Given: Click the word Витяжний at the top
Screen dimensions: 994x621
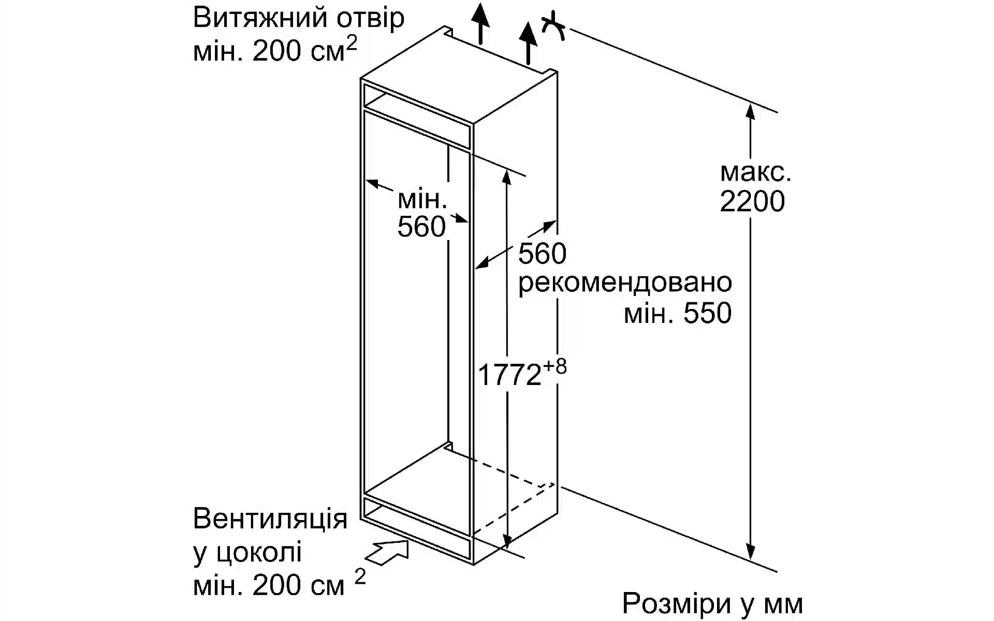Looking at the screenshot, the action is [260, 19].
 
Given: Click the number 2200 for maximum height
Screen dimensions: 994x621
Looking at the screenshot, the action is [752, 202].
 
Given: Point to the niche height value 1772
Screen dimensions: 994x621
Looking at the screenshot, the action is [509, 375].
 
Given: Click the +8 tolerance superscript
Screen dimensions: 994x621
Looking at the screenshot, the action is [555, 367].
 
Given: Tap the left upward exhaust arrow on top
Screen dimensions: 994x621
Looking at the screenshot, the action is [481, 24].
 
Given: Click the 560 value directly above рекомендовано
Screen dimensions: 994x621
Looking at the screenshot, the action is [542, 254].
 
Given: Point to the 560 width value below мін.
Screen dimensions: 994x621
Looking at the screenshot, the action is [421, 227].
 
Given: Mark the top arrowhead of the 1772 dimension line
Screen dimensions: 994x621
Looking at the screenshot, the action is [507, 177].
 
